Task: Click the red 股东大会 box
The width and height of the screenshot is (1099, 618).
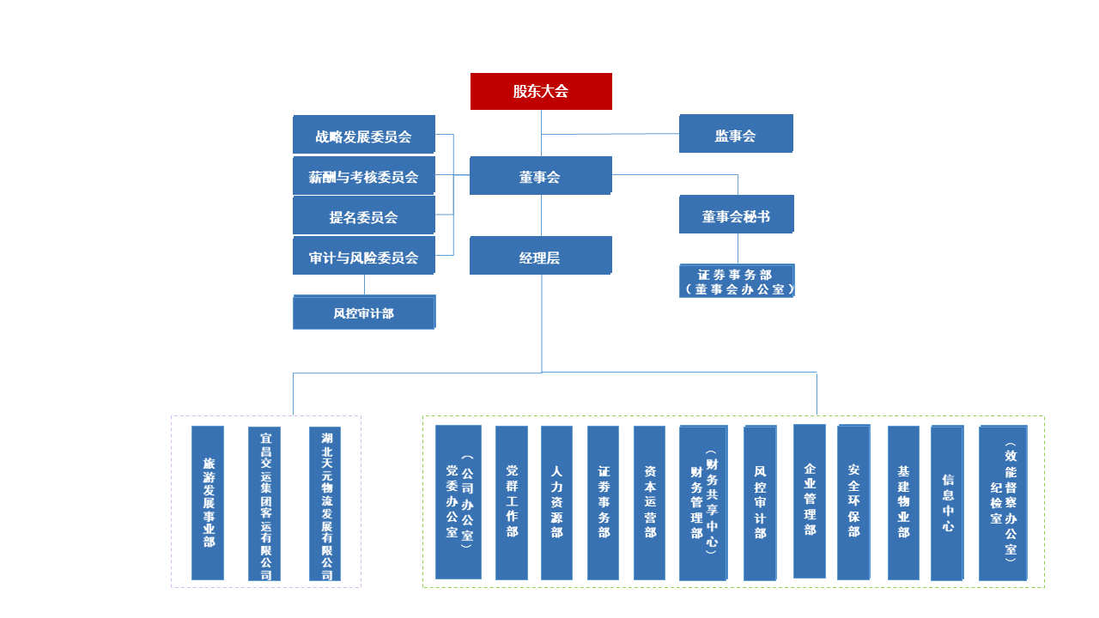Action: (541, 91)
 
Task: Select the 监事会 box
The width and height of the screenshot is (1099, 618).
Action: (736, 134)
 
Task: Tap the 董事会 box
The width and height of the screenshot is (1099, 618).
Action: (540, 176)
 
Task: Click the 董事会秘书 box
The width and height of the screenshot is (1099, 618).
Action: (736, 215)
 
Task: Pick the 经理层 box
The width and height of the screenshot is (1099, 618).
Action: (540, 256)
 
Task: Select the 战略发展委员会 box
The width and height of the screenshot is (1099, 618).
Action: (363, 135)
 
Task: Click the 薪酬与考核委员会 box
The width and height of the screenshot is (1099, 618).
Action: (363, 176)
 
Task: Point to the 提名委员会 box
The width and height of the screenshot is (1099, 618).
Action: (363, 215)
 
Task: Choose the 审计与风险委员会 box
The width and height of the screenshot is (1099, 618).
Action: (363, 256)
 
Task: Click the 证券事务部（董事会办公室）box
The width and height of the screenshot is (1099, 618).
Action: (736, 281)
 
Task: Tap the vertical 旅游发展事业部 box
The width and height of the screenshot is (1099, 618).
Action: (208, 503)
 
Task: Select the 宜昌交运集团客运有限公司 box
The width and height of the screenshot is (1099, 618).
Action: (264, 504)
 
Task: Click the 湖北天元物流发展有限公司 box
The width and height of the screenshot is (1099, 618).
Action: (325, 504)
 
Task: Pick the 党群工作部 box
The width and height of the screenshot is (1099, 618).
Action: (512, 503)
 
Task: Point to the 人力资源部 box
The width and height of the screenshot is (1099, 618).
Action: (556, 503)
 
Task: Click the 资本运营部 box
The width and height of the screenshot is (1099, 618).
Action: (649, 503)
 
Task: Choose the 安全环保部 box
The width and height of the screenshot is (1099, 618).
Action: (853, 502)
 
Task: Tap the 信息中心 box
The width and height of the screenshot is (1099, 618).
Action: (947, 503)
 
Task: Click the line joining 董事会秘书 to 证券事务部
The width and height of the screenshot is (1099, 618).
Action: (738, 248)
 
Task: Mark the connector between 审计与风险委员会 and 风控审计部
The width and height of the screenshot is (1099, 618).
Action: (364, 285)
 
